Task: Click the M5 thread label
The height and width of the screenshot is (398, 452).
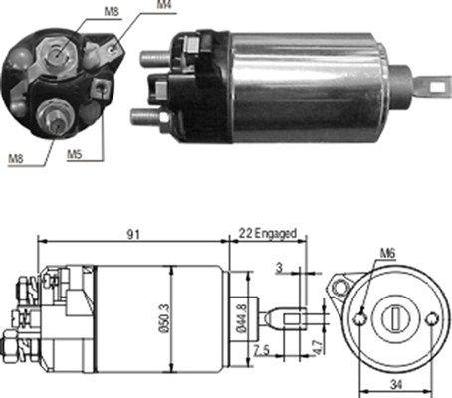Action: (x=75, y=154)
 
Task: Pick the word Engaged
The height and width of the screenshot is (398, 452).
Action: (x=275, y=233)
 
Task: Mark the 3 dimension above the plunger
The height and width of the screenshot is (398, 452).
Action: (x=279, y=267)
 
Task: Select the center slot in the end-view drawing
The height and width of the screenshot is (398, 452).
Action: (x=396, y=318)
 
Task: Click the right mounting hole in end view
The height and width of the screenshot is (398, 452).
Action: (x=431, y=320)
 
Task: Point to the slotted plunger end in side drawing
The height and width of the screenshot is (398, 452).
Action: (x=290, y=319)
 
